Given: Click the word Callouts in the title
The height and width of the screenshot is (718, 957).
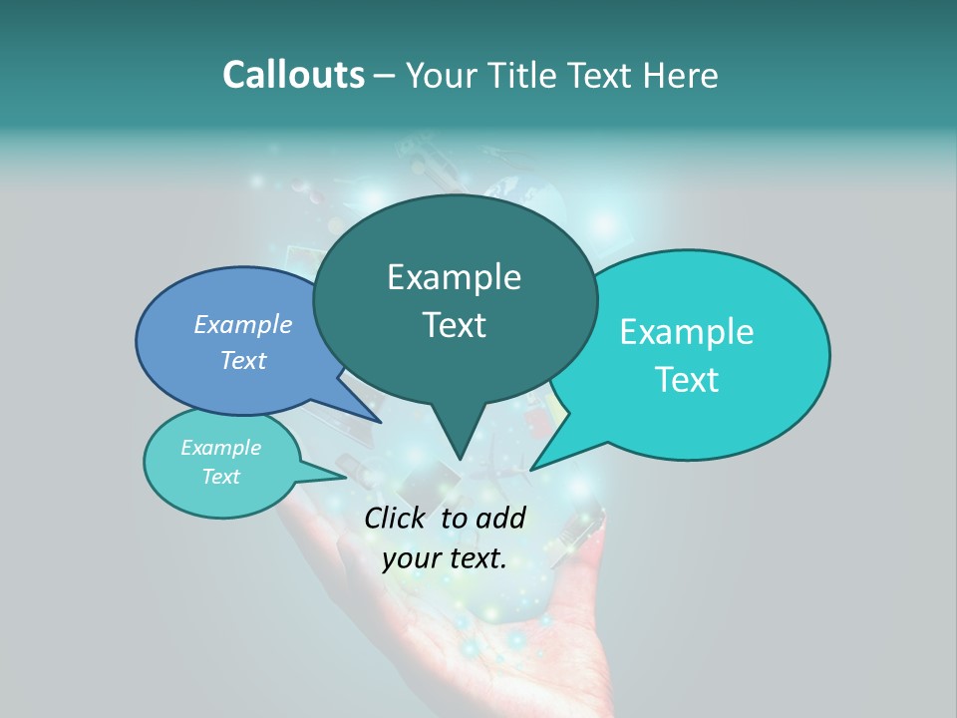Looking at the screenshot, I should click(293, 75).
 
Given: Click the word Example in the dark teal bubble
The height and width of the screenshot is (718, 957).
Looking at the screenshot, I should click(454, 277).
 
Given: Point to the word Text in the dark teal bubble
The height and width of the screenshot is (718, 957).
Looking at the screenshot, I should click(454, 325).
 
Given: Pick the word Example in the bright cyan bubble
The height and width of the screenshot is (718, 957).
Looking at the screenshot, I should click(687, 332).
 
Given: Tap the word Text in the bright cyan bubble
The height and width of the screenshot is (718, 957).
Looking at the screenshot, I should click(687, 380).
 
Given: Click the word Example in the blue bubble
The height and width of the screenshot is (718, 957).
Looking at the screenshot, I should click(243, 324).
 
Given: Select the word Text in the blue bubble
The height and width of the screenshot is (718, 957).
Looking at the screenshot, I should click(243, 360).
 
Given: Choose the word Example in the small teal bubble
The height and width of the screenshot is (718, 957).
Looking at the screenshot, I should click(220, 448).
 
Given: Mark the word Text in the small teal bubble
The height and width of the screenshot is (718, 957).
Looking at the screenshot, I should click(220, 477).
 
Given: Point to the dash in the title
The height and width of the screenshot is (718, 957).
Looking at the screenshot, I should click(386, 76).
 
